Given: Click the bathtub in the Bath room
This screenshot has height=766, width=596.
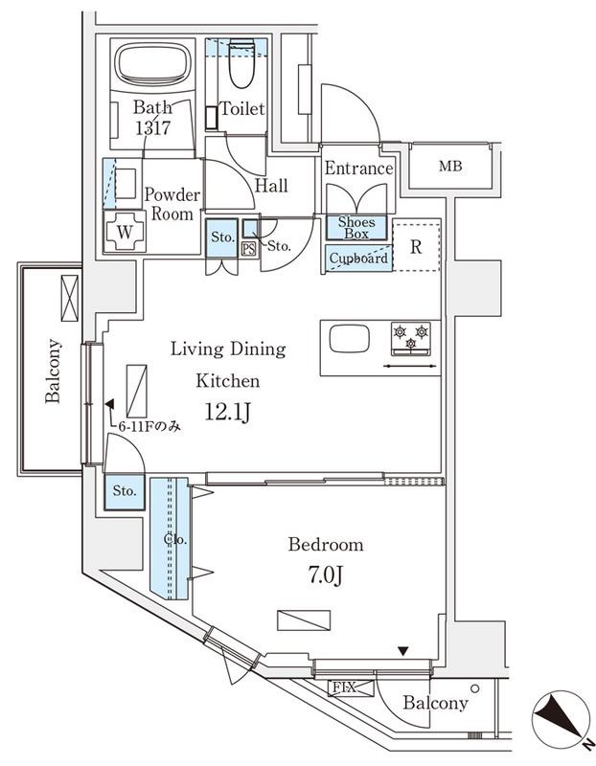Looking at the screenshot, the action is tap(152, 64).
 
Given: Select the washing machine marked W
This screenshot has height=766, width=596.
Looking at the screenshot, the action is tap(125, 231).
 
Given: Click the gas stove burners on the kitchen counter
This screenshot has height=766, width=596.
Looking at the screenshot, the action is tap(411, 338).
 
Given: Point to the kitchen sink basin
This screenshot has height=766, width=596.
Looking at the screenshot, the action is tap(349, 339).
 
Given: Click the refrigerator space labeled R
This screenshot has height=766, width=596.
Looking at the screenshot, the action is tap(416, 247).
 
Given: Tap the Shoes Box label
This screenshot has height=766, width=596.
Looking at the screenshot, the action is tap(356, 228).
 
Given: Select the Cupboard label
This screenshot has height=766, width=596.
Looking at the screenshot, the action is tap(358, 258).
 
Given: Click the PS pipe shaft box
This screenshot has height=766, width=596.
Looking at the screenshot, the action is tap(249, 249).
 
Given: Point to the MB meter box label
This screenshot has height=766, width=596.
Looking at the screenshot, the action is tap(450, 166).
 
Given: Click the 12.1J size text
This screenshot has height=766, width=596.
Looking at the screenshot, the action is tap(228, 413).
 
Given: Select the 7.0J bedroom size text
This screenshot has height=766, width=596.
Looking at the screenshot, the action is tap(325, 575).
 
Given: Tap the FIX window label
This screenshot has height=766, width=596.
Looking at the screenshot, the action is tap(344, 687).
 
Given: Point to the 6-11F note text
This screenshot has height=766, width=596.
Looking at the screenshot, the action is tap(149, 426).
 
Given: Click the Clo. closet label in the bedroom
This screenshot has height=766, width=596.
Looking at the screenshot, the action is tap(175, 539).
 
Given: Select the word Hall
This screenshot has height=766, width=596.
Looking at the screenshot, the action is tap(271, 186).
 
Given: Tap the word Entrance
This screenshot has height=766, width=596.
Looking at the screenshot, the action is tap(359, 169).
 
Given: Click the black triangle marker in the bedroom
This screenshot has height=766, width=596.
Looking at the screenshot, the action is tap(402, 651).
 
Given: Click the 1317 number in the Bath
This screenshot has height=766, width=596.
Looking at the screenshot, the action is tap(152, 128).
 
